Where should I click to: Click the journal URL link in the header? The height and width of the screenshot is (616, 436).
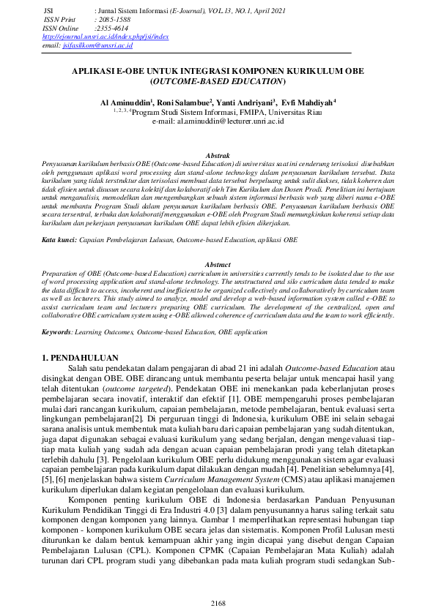pyautogui.click(x=106, y=37)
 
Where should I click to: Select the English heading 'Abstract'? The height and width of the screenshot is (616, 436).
pyautogui.click(x=218, y=264)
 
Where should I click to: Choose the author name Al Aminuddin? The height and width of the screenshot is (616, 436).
pyautogui.click(x=127, y=104)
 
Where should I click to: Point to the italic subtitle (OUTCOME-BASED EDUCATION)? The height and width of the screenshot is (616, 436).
pyautogui.click(x=218, y=82)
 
